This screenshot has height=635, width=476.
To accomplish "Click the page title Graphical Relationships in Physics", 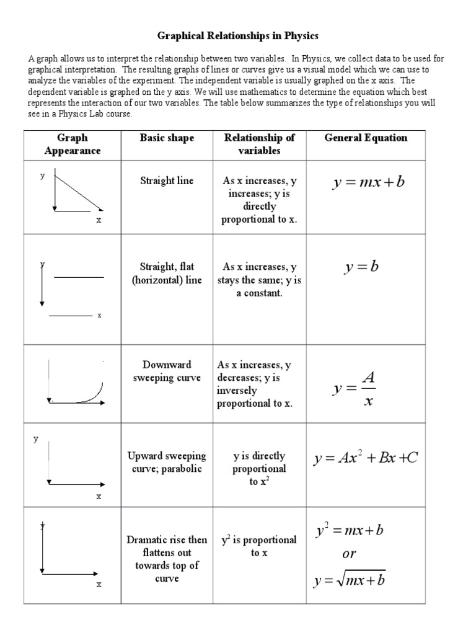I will coord(237,36).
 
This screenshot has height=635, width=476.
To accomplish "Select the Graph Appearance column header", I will coord(72,144).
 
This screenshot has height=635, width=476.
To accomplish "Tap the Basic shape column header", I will coord(166,138).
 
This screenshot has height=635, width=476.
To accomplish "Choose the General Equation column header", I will coord(366,138).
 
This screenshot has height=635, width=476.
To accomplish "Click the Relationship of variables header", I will coord(259,144).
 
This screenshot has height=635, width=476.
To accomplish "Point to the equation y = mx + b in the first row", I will coord(368,183).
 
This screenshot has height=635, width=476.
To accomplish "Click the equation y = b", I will coord(361,267).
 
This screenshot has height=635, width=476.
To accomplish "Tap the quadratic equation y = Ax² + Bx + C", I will coord(366,458).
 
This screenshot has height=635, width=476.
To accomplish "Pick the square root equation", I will coord(350,580).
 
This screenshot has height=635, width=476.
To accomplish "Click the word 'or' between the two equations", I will coord(349,554).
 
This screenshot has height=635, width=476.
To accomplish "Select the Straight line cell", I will coord(166,180).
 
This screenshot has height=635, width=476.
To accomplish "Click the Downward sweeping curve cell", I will coord(166,371).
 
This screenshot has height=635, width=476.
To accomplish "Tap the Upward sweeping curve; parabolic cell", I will coord(166,463).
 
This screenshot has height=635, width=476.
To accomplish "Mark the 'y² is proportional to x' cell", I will coord(259,546).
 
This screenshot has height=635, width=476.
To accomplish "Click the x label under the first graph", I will coord(98,220).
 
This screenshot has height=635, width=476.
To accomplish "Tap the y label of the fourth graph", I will coord(36,438).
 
